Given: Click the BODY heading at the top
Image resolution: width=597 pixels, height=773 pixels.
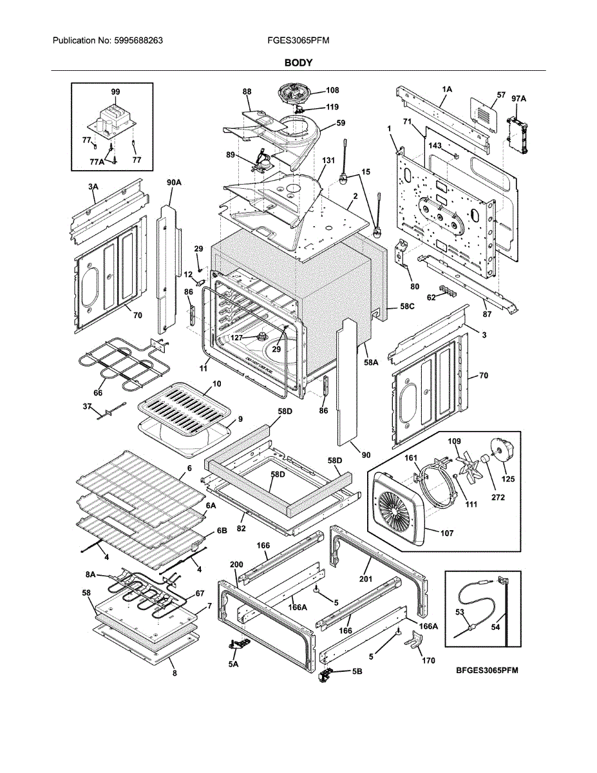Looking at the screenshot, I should (x=298, y=62).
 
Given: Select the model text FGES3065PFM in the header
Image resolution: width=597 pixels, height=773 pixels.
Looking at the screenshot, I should (x=298, y=40).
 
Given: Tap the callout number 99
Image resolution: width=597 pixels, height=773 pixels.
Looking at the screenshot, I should (x=115, y=92).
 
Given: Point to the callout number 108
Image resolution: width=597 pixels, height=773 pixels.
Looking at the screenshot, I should (x=332, y=91).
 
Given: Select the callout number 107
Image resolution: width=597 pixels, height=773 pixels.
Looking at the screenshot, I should (x=446, y=533).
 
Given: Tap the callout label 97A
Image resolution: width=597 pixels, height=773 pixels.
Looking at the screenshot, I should (x=518, y=98).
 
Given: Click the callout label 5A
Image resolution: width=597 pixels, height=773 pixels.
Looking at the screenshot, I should (x=232, y=663).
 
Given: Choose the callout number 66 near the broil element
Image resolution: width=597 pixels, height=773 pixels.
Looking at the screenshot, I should (x=98, y=392).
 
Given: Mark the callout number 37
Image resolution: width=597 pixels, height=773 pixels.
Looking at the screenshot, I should (x=86, y=406).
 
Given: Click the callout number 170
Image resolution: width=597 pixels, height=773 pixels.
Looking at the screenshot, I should (x=428, y=660).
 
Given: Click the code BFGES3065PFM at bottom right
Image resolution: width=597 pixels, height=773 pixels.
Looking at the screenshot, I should (x=488, y=671).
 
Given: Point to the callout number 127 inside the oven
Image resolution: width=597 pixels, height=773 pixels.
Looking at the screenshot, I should (x=236, y=337).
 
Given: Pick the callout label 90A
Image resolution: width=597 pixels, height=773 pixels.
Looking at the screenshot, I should (x=174, y=183).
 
